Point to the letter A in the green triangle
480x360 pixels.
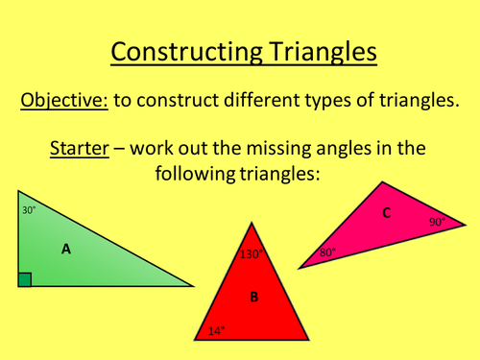66,249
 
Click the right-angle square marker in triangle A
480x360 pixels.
25,279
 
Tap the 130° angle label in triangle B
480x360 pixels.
252,255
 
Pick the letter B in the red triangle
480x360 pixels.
254,297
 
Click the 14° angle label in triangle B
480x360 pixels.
217,331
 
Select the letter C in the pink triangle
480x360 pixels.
386,213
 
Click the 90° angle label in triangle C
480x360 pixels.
437,222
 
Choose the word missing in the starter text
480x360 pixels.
304,151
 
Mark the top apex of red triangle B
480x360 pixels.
252,224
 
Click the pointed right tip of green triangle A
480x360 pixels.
193,286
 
